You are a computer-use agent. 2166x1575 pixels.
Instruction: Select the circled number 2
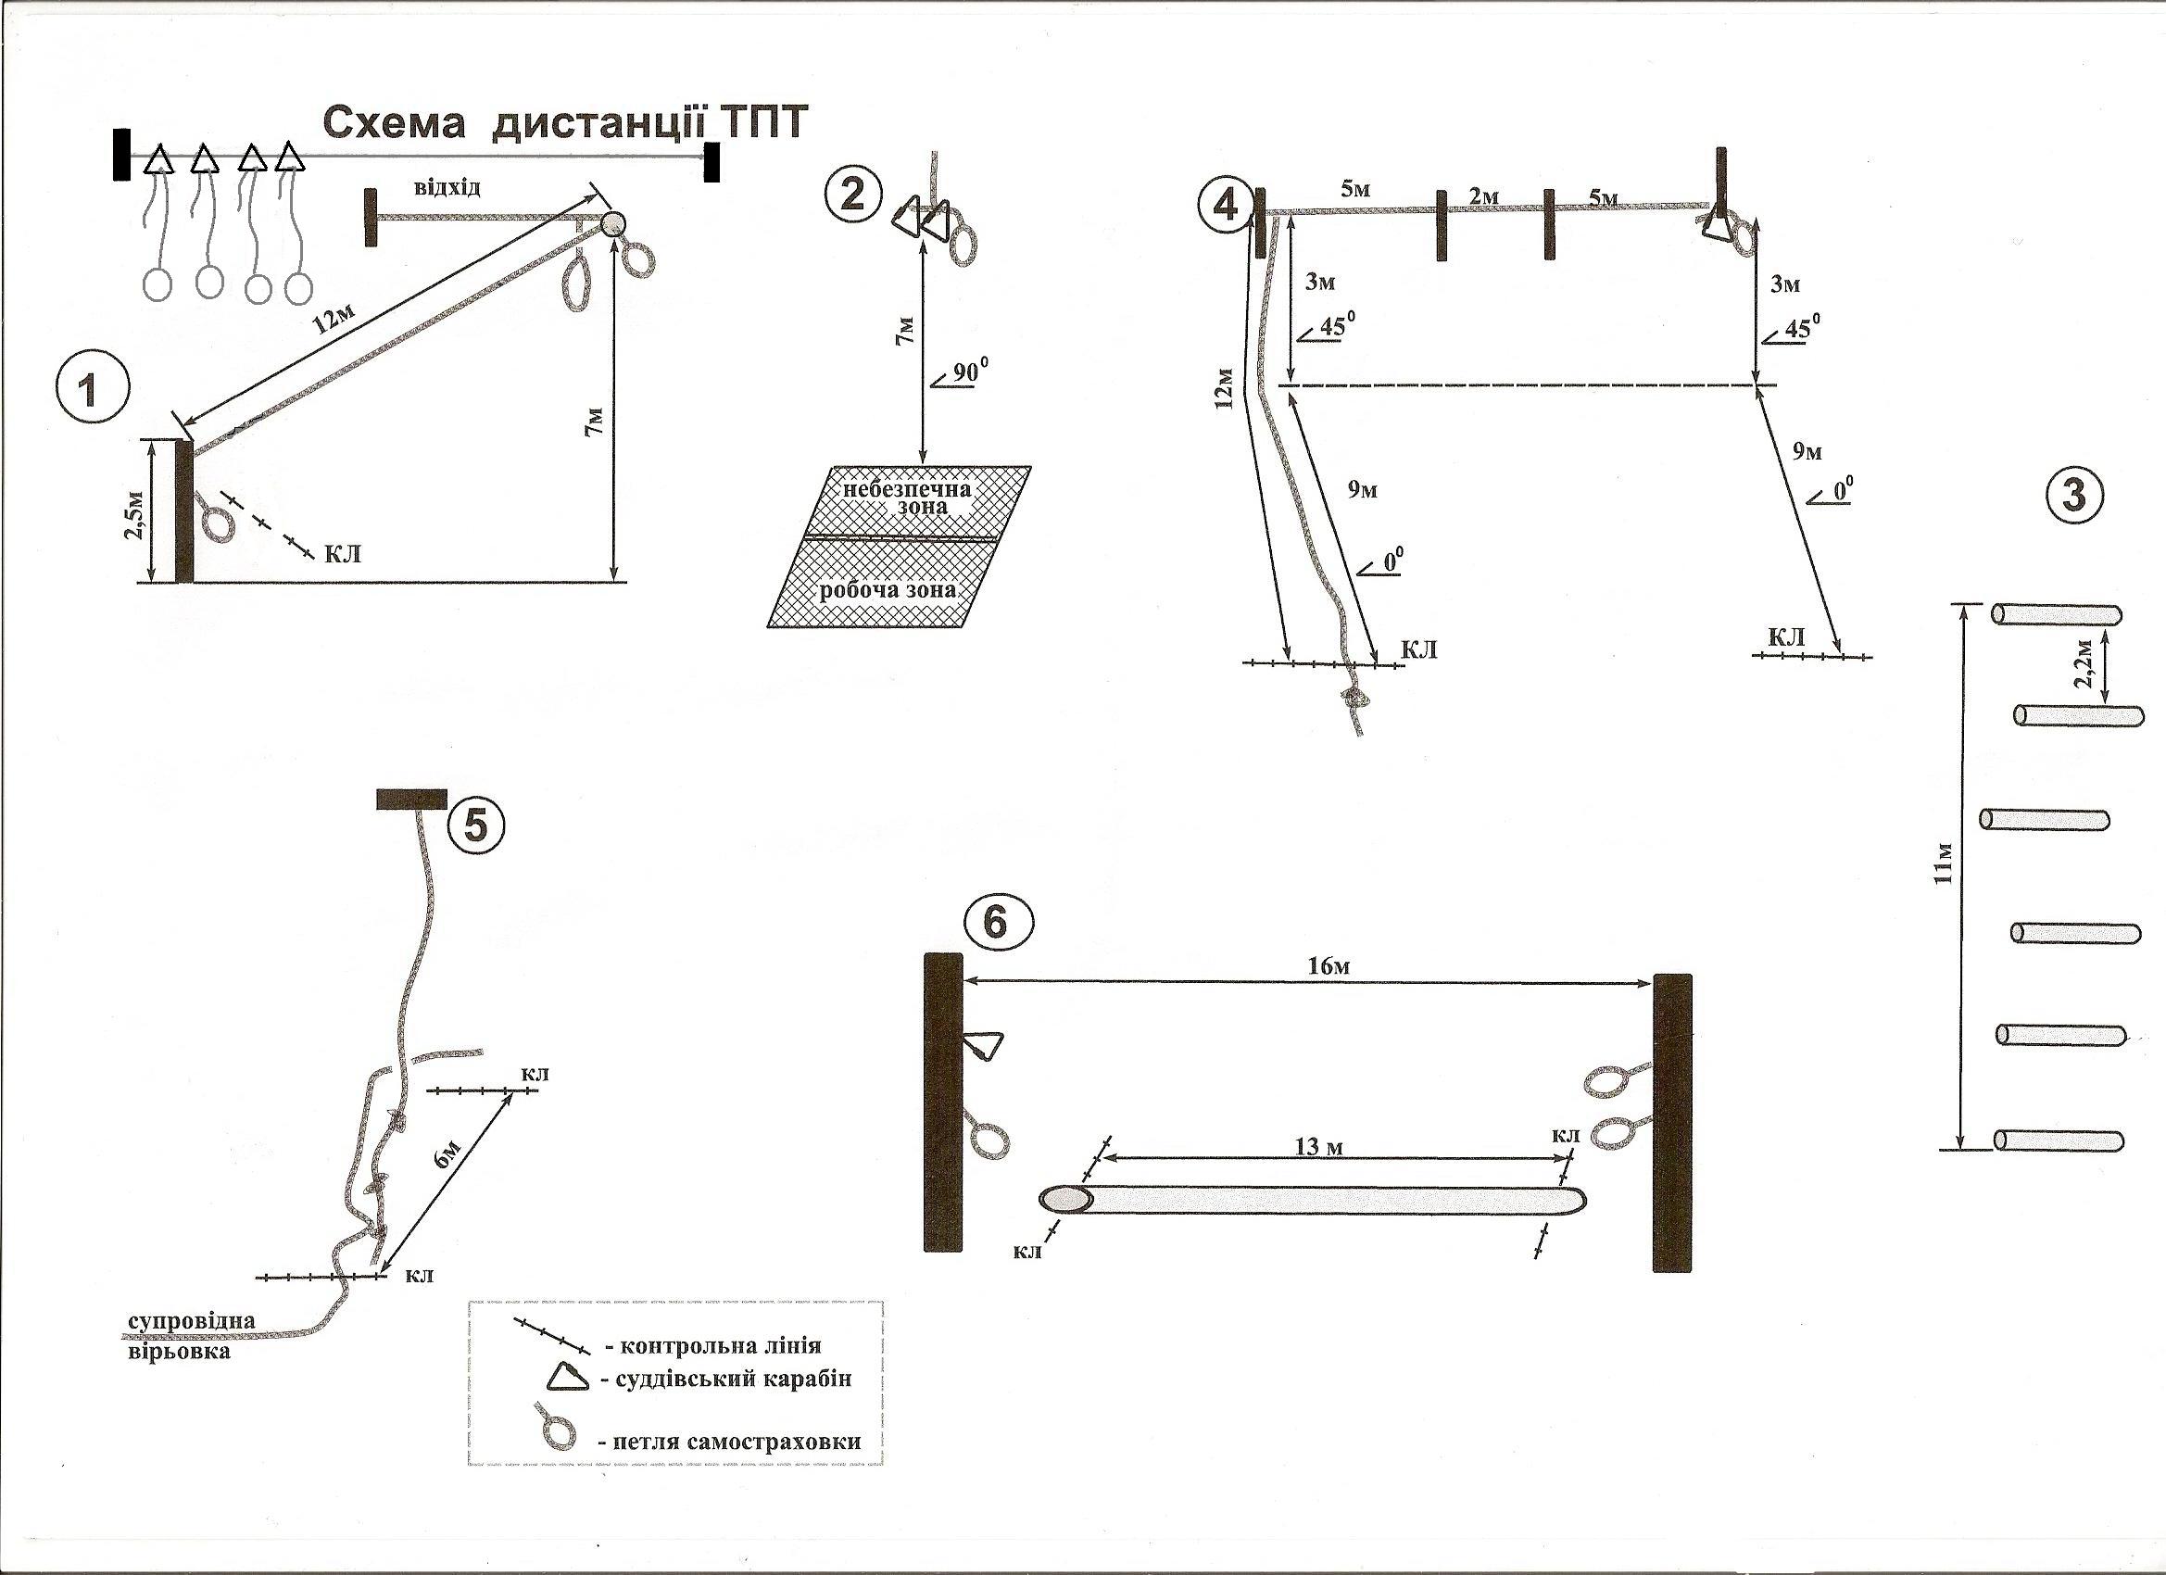tap(850, 195)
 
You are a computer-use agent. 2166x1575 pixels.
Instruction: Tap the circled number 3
tap(2072, 497)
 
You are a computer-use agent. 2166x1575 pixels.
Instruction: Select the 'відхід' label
tap(447, 186)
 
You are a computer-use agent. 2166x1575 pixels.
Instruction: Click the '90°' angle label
tap(965, 372)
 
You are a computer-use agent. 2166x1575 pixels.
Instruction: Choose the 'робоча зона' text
tap(888, 589)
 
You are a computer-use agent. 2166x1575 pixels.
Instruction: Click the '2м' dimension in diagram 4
tap(1482, 196)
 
